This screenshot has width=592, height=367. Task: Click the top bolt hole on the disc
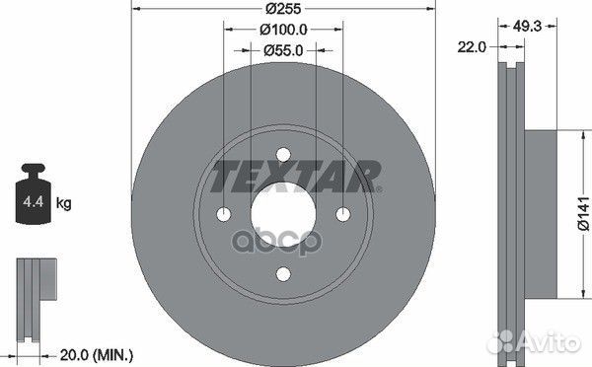(282, 155)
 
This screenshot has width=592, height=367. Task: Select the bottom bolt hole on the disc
(282, 275)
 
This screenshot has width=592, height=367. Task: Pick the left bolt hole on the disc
(222, 215)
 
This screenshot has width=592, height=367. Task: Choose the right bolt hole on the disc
(342, 215)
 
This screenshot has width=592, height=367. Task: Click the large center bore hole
(282, 215)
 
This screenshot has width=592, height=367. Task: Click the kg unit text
(63, 204)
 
